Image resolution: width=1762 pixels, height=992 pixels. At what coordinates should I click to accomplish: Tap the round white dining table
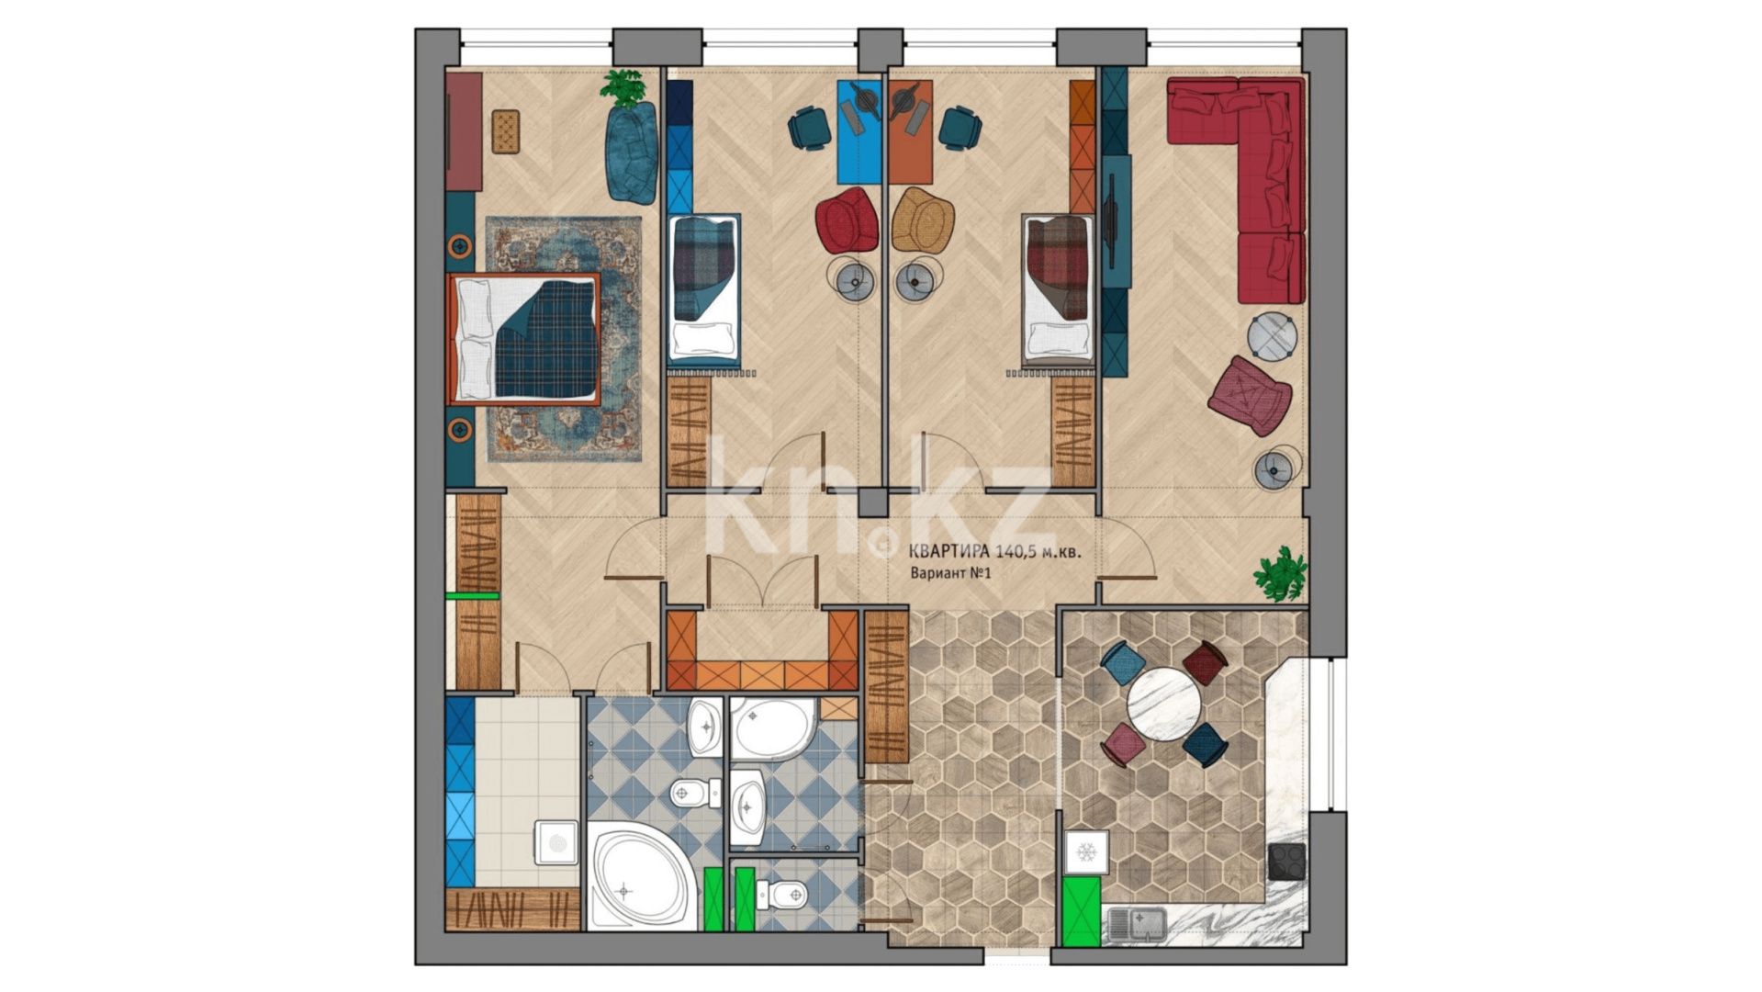[1163, 704]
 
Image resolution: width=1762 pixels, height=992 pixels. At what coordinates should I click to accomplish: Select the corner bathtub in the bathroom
[639, 875]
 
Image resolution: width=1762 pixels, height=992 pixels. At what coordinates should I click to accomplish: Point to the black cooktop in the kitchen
[1286, 862]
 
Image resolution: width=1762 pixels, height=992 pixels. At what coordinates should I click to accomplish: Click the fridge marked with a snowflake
[1086, 852]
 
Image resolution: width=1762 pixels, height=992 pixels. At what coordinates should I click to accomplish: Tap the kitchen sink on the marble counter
[1136, 924]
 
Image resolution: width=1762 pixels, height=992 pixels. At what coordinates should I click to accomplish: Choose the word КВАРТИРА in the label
[948, 552]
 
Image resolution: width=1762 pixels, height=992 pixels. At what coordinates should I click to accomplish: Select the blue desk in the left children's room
[859, 132]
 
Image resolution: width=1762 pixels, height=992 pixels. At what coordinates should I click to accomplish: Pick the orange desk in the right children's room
[911, 132]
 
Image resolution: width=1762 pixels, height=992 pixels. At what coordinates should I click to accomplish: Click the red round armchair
[847, 220]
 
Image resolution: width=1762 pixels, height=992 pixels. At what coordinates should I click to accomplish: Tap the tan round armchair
[923, 220]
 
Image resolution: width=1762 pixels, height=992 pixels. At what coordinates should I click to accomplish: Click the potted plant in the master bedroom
[624, 88]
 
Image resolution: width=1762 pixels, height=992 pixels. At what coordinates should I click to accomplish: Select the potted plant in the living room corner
[1280, 573]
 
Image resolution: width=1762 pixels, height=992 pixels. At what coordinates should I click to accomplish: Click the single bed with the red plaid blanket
[1059, 288]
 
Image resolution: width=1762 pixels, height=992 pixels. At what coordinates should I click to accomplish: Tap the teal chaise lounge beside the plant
[632, 152]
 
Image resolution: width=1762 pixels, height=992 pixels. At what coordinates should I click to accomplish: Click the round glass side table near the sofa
[1272, 337]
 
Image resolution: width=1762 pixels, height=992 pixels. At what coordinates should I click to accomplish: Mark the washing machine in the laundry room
[556, 842]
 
